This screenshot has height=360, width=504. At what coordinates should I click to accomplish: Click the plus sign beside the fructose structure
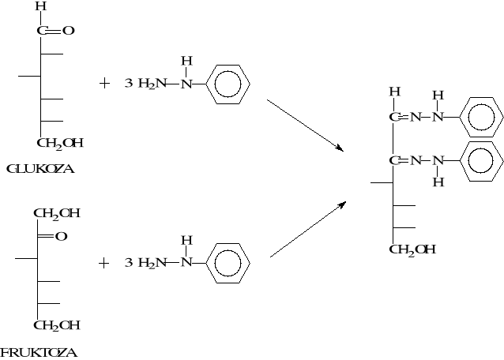click(x=104, y=263)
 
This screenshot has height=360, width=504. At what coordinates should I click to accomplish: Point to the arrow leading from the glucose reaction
click(x=306, y=125)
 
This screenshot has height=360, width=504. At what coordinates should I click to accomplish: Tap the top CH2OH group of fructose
click(x=56, y=213)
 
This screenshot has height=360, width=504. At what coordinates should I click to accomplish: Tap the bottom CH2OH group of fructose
click(x=56, y=324)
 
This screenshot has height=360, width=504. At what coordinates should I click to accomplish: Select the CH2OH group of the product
click(x=412, y=249)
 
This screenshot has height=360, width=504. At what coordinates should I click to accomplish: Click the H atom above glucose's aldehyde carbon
click(x=40, y=7)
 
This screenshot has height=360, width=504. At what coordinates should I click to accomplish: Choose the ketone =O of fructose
click(x=61, y=235)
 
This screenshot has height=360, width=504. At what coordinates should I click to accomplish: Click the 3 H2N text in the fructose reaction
click(x=142, y=263)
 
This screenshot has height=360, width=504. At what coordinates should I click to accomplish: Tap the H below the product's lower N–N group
click(x=439, y=182)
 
